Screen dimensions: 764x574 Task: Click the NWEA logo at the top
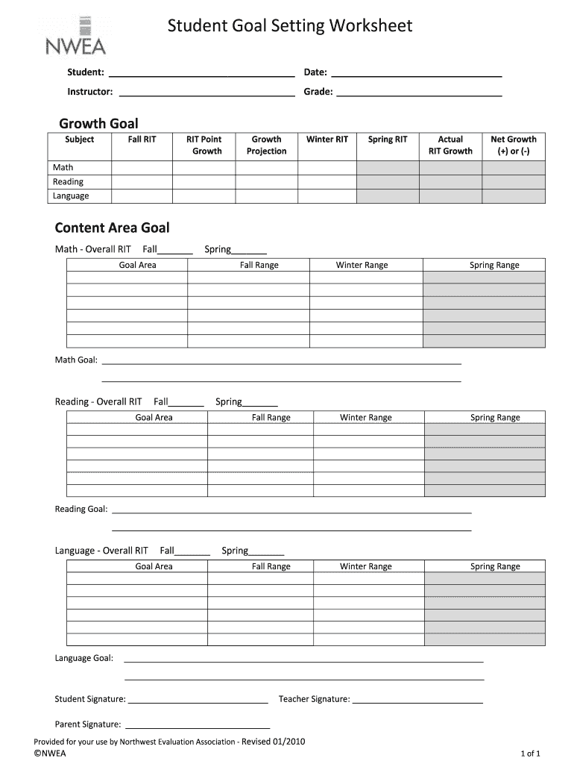tap(75, 37)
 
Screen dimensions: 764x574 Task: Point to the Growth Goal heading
tap(98, 124)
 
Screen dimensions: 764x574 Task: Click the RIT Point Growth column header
tap(204, 145)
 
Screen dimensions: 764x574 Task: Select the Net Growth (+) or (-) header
tap(514, 145)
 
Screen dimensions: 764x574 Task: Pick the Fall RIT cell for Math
tap(142, 168)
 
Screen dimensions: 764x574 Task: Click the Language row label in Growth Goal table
tap(71, 196)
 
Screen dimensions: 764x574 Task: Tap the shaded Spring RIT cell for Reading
tap(388, 182)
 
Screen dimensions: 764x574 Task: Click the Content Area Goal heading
tap(113, 228)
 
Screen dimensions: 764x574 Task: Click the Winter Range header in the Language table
tap(366, 567)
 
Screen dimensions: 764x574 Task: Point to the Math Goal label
tap(76, 360)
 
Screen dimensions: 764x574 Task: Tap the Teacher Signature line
tap(417, 701)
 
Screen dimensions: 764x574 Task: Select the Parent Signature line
tap(197, 725)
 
